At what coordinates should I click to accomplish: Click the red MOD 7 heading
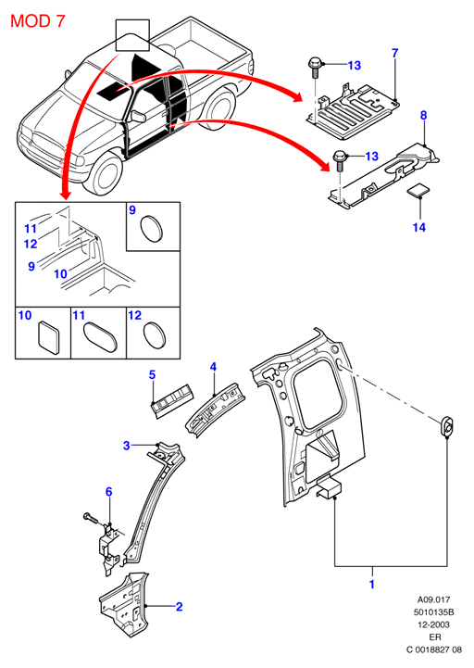(37, 21)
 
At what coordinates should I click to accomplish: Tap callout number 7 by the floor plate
(394, 53)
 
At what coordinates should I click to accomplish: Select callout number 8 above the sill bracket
(423, 115)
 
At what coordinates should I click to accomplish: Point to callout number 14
(419, 228)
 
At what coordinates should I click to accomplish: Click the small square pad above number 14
(418, 191)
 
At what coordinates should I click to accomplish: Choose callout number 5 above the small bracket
(152, 375)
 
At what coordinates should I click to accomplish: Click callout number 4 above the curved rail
(213, 367)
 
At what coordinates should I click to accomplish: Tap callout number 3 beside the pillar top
(127, 446)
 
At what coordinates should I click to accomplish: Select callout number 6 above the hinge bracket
(109, 492)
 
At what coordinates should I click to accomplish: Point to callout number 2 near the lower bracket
(180, 607)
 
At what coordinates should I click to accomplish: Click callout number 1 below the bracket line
(372, 584)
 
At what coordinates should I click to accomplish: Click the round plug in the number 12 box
(155, 334)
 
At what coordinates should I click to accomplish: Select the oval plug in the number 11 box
(100, 337)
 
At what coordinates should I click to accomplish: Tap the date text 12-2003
(434, 625)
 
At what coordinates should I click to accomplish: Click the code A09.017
(433, 599)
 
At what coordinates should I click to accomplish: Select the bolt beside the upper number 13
(315, 67)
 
